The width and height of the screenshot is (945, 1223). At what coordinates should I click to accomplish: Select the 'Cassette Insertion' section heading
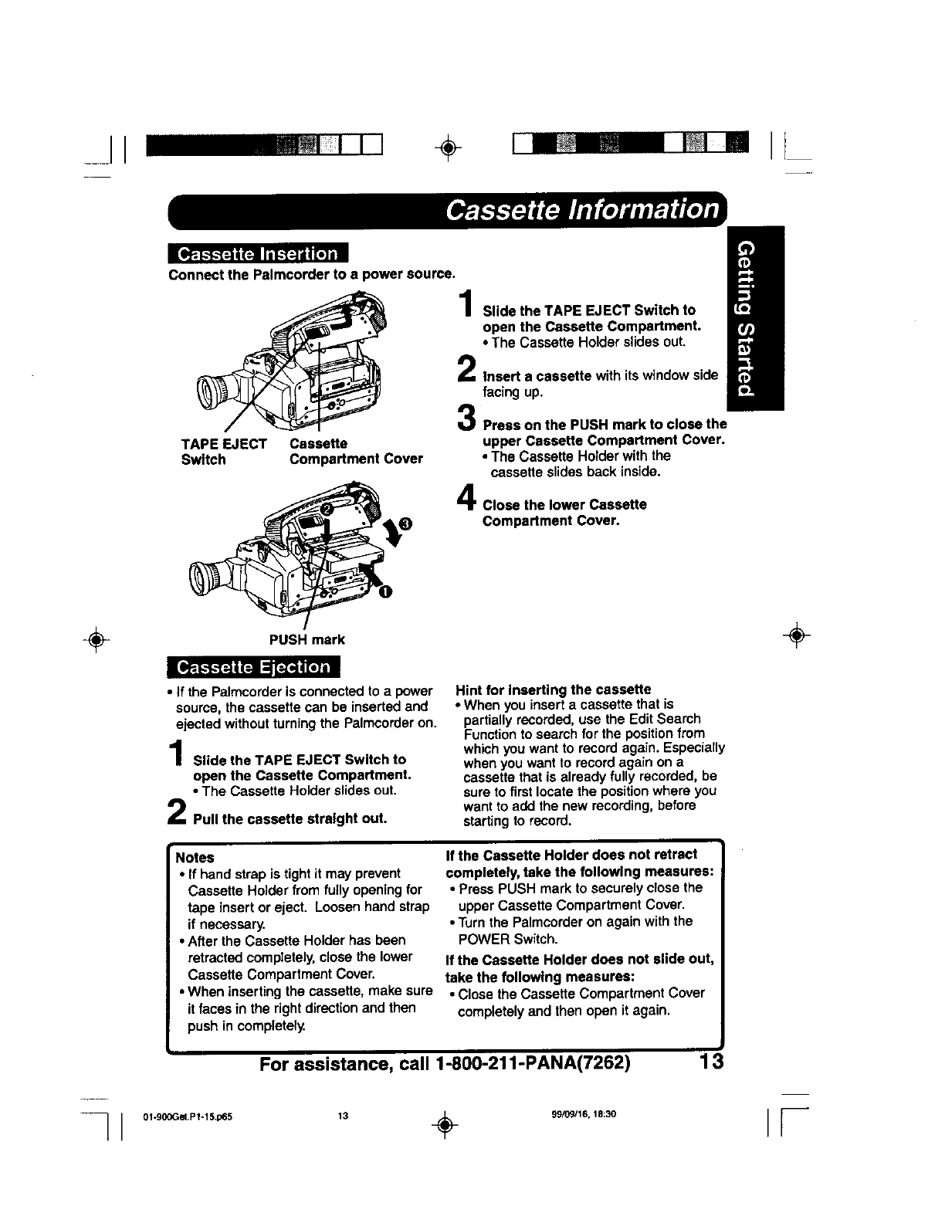click(258, 254)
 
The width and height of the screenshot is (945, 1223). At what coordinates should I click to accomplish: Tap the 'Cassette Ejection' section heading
click(254, 667)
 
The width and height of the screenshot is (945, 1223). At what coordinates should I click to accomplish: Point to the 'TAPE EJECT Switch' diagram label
click(223, 452)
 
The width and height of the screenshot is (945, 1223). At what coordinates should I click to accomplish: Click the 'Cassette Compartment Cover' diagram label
click(356, 452)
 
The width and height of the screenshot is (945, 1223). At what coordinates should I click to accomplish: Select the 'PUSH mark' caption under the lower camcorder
click(307, 639)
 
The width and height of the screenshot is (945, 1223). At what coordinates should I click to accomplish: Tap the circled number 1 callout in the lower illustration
click(384, 591)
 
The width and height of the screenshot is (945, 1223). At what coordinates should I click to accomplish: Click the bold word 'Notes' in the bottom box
click(195, 858)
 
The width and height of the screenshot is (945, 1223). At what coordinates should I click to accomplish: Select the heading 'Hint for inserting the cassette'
click(554, 689)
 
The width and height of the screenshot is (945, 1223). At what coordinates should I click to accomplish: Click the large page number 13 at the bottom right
click(707, 1062)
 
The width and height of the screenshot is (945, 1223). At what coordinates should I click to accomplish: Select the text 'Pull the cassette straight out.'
click(290, 818)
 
